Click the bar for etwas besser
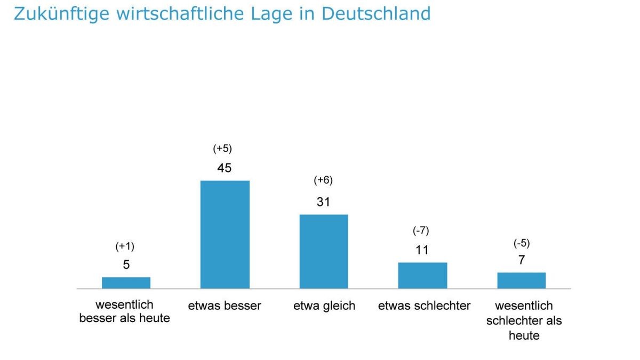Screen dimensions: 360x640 225,235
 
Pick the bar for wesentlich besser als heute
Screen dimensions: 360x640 126,283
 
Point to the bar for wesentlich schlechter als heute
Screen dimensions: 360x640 522,281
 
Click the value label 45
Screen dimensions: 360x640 225,168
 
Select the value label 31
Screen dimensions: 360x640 323,202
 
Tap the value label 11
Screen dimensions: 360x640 422,250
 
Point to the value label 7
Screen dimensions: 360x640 522,260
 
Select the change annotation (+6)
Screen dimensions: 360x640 323,180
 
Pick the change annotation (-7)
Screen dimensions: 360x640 421,231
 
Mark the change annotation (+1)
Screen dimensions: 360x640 125,246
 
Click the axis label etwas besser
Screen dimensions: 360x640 225,306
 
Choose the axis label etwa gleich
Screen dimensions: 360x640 324,306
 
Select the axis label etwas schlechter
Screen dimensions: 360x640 425,306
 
